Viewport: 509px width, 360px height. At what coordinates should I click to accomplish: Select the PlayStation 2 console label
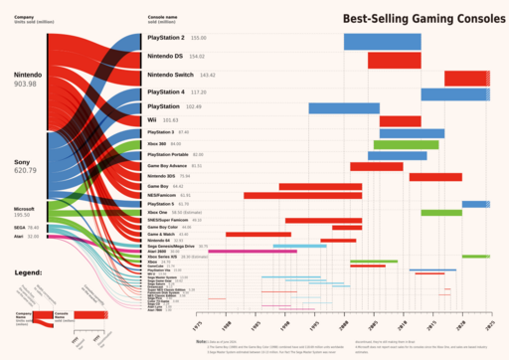[165, 38]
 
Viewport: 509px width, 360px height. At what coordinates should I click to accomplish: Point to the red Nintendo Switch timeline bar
[465, 79]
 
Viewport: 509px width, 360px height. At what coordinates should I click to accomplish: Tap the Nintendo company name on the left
[28, 75]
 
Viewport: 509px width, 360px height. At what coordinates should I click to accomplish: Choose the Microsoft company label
[24, 209]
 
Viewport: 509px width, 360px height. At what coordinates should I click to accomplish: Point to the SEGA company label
[19, 228]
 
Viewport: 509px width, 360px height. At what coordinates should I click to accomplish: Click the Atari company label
[19, 237]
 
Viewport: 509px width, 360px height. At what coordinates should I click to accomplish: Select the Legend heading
[28, 271]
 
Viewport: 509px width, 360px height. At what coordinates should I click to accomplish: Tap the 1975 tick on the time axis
[198, 324]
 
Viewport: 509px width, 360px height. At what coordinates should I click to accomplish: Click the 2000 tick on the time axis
[344, 324]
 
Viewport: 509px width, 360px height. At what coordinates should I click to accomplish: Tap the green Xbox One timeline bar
[440, 213]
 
